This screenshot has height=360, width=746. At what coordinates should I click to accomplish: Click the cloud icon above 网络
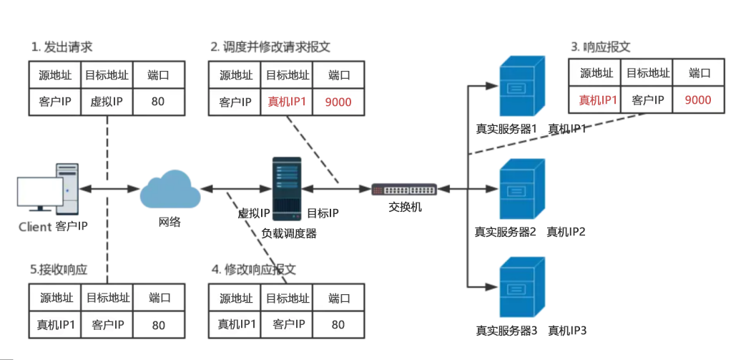[x=170, y=189]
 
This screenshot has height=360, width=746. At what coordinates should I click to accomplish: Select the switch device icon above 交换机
[x=405, y=190]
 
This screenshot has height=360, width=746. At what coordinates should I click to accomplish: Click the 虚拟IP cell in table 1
[x=107, y=101]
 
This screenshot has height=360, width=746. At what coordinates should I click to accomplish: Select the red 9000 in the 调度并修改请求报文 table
[x=338, y=102]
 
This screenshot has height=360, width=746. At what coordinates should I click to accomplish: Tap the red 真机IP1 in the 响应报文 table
[x=597, y=99]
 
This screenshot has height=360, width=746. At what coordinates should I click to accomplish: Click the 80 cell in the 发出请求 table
[x=158, y=101]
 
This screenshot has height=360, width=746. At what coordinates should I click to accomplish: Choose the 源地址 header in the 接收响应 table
[x=54, y=298]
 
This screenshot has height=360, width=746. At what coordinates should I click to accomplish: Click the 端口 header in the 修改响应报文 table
[x=338, y=298]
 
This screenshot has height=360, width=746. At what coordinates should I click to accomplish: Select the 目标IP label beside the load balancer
[x=323, y=213]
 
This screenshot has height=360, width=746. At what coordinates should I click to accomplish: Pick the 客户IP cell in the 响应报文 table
[x=648, y=99]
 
